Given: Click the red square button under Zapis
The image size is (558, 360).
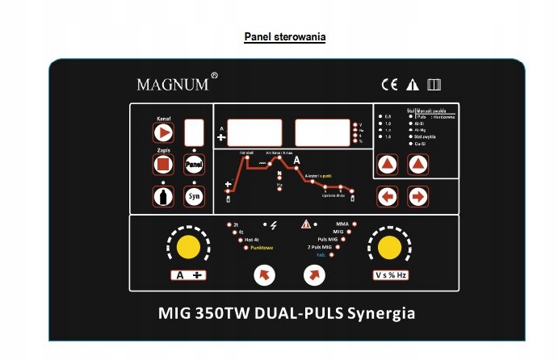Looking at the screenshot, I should (163, 164).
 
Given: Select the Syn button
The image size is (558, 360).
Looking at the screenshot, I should (193, 196).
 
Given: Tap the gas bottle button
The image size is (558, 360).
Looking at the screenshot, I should (163, 196).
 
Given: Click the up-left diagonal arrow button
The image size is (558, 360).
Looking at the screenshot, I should (265, 275).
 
